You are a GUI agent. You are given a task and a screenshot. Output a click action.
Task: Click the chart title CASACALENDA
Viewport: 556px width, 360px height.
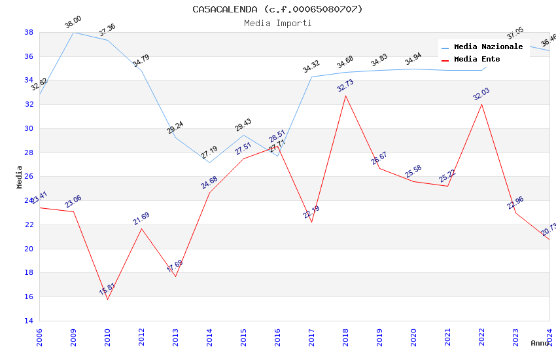(277, 9)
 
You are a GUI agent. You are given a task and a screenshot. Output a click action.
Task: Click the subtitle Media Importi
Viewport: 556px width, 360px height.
(277, 23)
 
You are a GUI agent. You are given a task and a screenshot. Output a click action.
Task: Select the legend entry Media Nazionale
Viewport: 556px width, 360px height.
(488, 47)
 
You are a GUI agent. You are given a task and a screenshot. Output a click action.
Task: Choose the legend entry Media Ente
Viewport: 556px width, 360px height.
(477, 60)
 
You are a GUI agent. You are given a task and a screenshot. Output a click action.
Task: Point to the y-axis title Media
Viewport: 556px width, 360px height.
(20, 177)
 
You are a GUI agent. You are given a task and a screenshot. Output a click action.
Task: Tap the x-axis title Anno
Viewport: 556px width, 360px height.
(540, 343)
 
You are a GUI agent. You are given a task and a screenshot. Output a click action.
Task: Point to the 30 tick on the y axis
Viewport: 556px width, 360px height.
(29, 128)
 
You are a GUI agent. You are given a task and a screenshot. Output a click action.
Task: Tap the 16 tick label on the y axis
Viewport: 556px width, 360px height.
(29, 297)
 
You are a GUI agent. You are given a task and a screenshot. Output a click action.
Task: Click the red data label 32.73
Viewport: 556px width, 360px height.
(345, 86)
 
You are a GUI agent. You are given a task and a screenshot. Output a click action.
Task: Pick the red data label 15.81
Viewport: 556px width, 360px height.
(107, 289)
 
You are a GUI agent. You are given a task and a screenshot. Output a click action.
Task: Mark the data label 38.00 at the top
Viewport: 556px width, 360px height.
(73, 24)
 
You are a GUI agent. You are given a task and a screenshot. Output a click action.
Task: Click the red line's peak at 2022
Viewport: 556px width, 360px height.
(482, 104)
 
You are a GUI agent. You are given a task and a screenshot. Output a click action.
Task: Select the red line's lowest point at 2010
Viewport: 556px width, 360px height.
(107, 299)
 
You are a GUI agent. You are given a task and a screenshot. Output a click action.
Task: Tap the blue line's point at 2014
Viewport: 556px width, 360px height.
(209, 162)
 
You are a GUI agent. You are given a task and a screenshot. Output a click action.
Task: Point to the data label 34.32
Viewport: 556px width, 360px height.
(311, 67)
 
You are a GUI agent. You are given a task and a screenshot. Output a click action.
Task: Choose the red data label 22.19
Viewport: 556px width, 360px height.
(311, 212)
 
